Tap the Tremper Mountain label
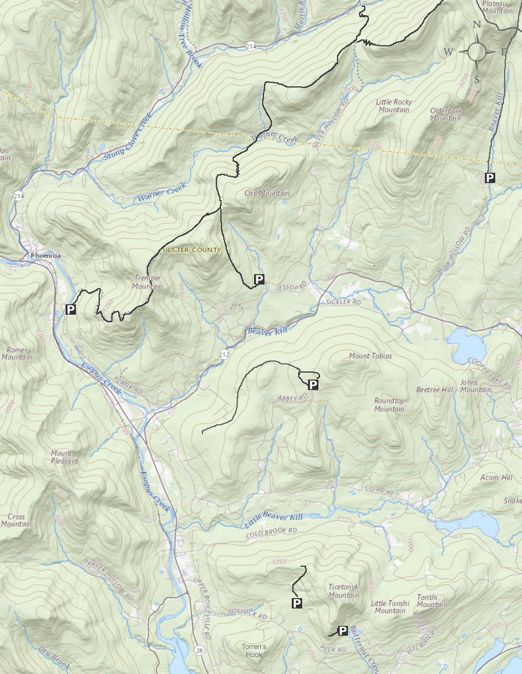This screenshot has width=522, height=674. tap(147, 282)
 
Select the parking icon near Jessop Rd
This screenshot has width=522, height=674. tap(259, 280)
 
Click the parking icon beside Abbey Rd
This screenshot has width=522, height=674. tap(313, 384)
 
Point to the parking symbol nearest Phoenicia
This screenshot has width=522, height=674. tap(71, 309)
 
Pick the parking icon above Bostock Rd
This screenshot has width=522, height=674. tap(296, 604)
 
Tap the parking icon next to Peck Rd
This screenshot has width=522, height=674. tap(343, 631)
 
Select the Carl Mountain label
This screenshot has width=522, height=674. tap(267, 193)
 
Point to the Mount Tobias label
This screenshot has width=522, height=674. tap(370, 356)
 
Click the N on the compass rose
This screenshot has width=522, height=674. tap(477, 24)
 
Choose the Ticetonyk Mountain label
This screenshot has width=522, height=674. tap(343, 591)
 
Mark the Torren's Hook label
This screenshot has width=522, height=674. tap(253, 650)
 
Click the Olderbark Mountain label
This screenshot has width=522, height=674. tap(445, 114)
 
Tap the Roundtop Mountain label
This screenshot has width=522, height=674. tap(389, 405)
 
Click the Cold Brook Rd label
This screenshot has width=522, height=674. tap(271, 530)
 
